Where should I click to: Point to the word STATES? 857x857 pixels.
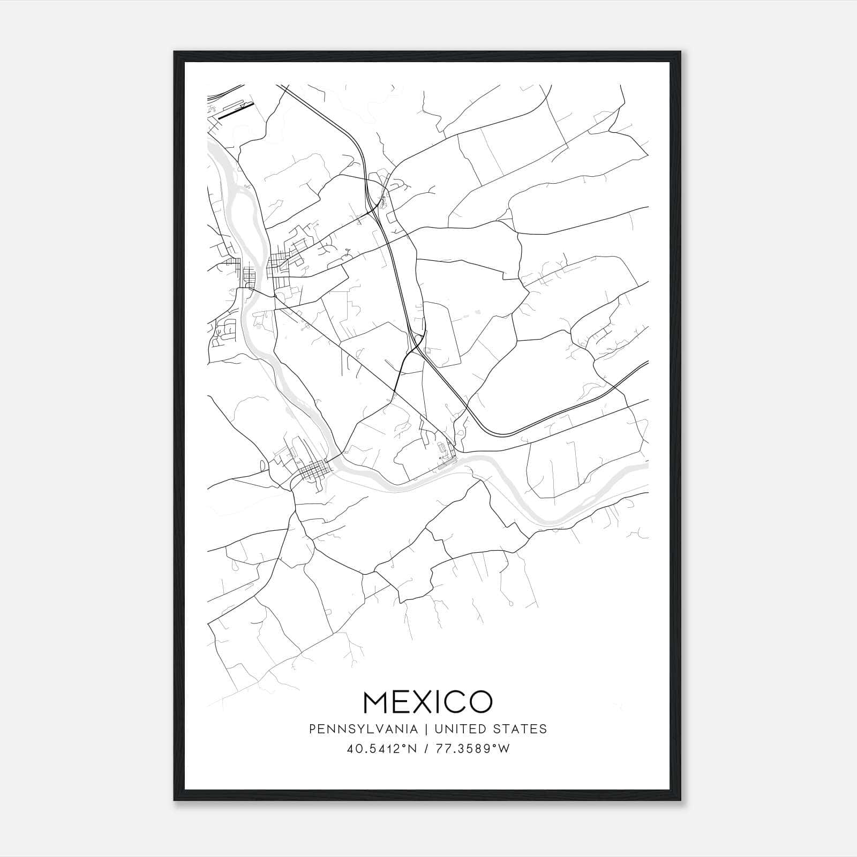click(x=520, y=729)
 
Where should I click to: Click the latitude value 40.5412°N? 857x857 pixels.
click(x=382, y=749)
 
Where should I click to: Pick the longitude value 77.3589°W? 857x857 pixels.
click(x=473, y=749)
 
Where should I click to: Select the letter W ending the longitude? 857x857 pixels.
click(x=505, y=749)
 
